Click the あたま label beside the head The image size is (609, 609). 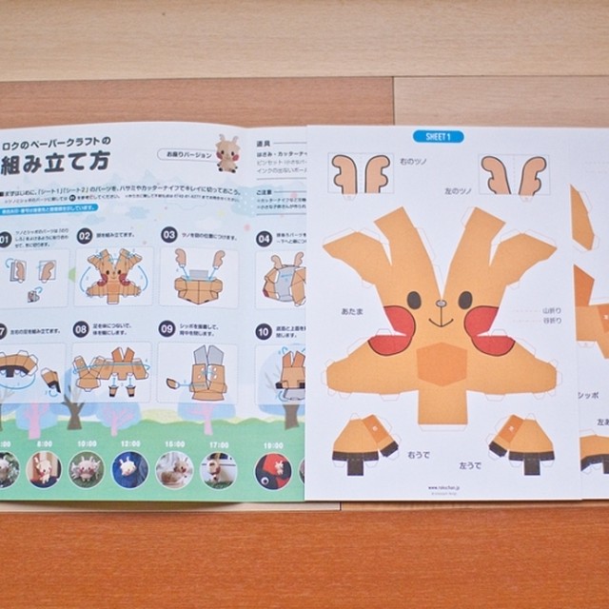coord(338,310)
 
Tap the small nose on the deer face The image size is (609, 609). coord(439,305)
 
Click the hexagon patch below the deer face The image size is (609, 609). coord(441,363)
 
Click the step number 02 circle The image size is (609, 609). coord(85,235)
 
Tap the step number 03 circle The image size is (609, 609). coord(168,234)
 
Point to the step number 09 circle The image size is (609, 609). coord(168,333)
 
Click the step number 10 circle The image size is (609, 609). coord(264,333)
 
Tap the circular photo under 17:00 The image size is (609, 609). coord(219,469)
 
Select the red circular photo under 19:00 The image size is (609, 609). coord(274,469)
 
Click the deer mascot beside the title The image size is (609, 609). coord(226,152)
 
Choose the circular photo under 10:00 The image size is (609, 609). coord(85,469)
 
